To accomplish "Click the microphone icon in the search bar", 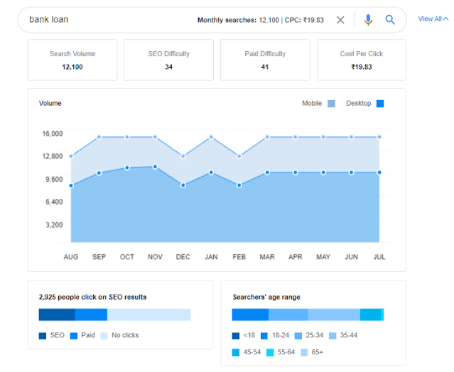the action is [368, 20].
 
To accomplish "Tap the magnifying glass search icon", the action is [390, 20].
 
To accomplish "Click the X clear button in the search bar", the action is [340, 20].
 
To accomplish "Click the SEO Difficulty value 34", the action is [169, 67].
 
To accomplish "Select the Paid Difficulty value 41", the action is [265, 67].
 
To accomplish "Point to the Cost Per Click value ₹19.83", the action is [362, 67].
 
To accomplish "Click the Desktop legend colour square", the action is [380, 104].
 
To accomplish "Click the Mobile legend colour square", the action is [331, 104].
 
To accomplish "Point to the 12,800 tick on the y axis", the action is [53, 156].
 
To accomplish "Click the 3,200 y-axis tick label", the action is [54, 225].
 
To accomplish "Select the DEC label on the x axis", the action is [183, 257].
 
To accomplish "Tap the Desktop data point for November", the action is [155, 167].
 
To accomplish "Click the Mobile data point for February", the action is [239, 156].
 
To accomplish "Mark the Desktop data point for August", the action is [71, 185].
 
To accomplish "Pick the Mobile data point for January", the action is [211, 137].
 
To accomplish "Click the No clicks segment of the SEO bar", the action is [148, 314].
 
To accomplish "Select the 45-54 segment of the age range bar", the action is [370, 314].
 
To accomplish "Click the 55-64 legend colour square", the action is [270, 352].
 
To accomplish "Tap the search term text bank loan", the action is [48, 19].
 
